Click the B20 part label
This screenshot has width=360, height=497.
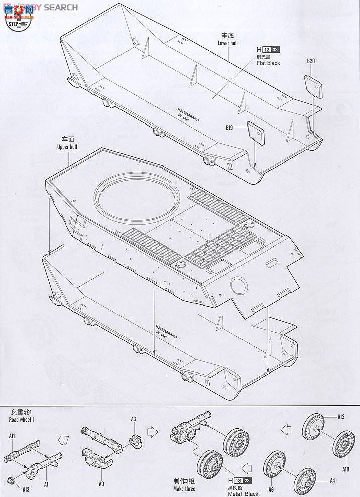[311, 61]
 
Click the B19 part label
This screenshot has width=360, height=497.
[229, 128]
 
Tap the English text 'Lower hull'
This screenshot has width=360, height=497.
[228, 43]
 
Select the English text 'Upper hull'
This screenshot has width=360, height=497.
[67, 147]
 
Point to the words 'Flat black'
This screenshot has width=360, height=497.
[269, 63]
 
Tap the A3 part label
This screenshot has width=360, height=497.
[133, 419]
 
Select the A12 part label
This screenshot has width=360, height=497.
[341, 416]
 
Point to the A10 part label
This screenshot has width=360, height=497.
[346, 469]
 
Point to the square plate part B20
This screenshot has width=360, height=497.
[313, 85]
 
